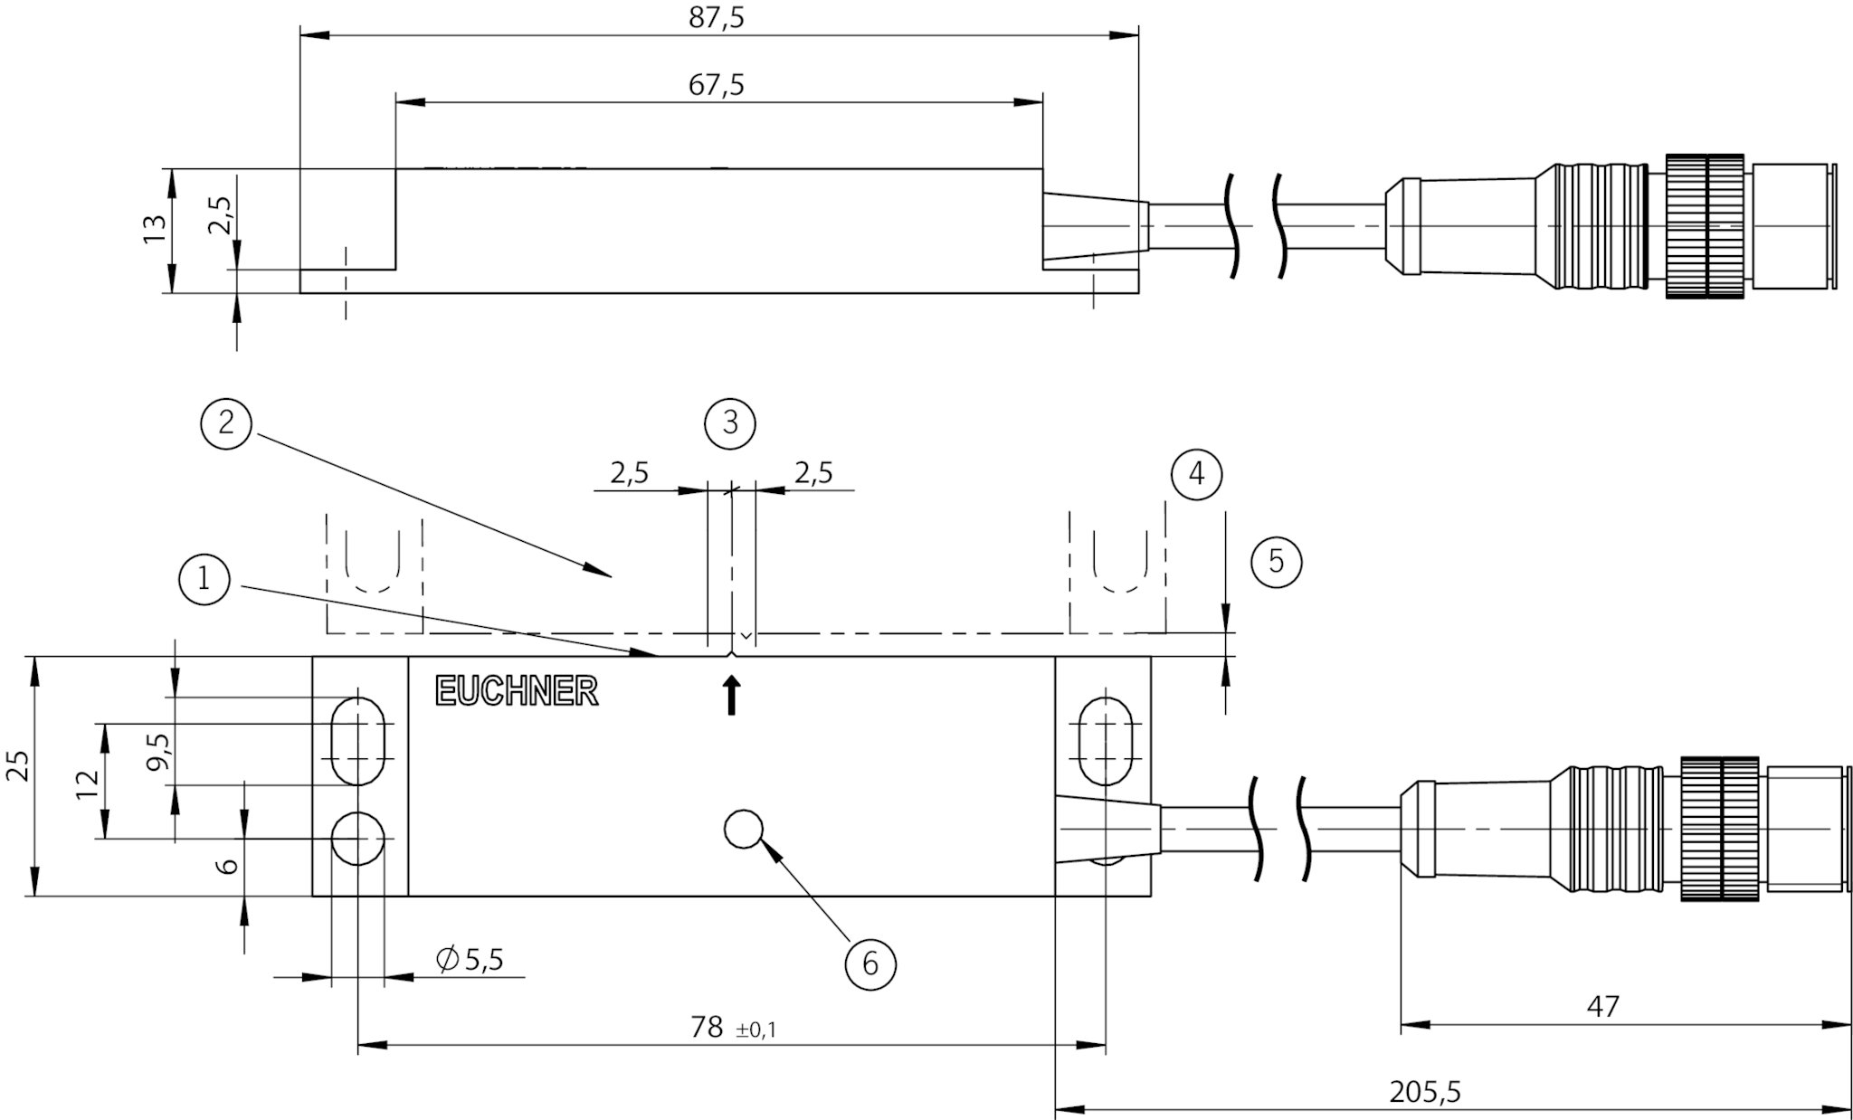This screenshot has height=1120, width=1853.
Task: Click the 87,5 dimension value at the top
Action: tap(717, 18)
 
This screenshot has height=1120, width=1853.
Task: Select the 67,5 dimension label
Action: tap(717, 85)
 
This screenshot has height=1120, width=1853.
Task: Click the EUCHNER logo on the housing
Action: tap(517, 691)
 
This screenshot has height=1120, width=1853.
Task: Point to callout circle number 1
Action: tap(204, 578)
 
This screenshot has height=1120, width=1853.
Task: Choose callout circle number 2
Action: tap(226, 422)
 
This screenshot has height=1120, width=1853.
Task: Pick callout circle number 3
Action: tap(730, 422)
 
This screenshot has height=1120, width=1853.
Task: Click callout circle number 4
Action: tap(1196, 473)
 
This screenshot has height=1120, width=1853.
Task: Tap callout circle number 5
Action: tap(1276, 561)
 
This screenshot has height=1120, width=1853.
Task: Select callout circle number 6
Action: tap(869, 963)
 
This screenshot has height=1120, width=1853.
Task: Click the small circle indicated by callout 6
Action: tap(744, 829)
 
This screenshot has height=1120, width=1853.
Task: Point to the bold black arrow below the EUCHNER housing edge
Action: tap(731, 696)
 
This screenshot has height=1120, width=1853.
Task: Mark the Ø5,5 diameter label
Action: tap(470, 959)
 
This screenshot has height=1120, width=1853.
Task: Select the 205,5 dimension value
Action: tap(1425, 1092)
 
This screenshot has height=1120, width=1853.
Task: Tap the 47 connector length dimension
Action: tap(1602, 1006)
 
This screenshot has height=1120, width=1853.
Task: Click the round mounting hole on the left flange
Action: tap(358, 839)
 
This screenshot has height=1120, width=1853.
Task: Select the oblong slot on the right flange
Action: tap(1106, 741)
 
